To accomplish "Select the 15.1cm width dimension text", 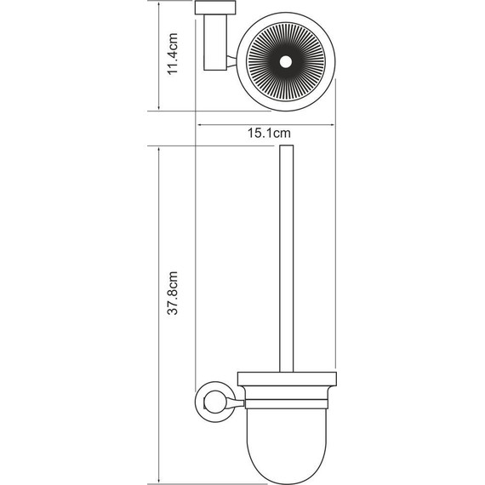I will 269,133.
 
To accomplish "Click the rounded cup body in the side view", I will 283,434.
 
